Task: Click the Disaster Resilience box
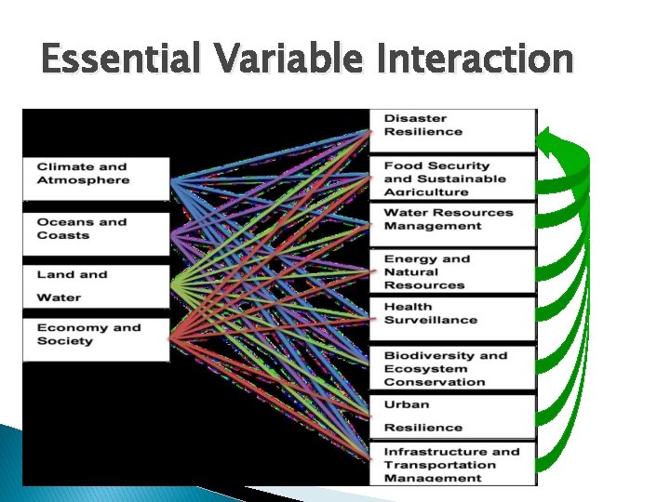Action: pos(452,129)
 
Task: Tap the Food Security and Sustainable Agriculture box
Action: pos(452,178)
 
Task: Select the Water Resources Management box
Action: pos(452,223)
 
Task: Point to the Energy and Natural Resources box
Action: pos(452,271)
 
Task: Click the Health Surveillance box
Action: pos(452,318)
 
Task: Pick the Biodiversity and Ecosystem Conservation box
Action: pos(452,368)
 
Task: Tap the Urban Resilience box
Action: pos(452,416)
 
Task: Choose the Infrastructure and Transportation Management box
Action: pos(452,464)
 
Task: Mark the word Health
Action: pos(409,306)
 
